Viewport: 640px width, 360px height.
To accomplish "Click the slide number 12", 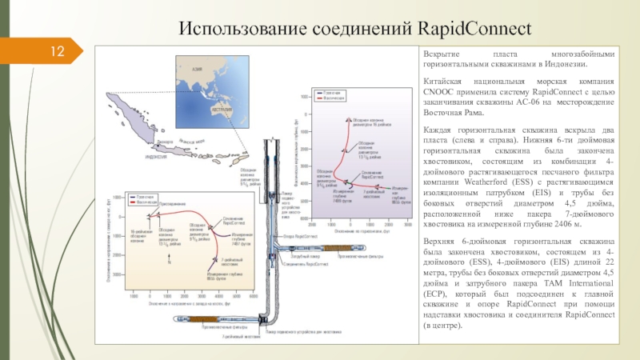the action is (x=57, y=53).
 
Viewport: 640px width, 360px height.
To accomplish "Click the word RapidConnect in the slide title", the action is (x=474, y=30).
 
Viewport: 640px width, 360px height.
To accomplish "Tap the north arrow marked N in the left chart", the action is (x=169, y=262).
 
